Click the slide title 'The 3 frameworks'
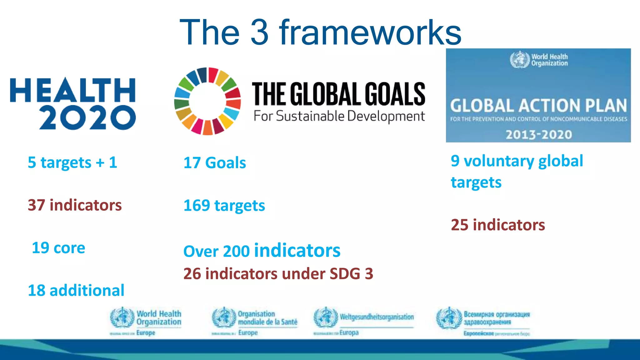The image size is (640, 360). (320, 32)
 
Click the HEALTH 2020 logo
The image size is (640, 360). (73, 103)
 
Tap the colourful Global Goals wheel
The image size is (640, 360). (207, 101)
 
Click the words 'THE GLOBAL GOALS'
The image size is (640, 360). (338, 94)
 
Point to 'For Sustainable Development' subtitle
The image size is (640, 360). (339, 116)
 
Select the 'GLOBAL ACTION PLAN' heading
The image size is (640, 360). (538, 106)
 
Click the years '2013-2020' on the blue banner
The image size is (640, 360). (539, 135)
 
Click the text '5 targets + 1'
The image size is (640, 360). (72, 162)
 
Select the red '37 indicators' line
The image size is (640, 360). (75, 205)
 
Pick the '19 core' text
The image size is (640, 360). (58, 248)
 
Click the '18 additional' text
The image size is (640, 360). (76, 290)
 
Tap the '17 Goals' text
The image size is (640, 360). (215, 163)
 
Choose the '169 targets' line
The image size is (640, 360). (224, 206)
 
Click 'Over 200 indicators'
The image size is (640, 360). (262, 251)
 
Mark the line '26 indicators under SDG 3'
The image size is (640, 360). (278, 274)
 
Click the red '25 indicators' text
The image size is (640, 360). (498, 225)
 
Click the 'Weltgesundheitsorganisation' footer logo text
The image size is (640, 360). (377, 317)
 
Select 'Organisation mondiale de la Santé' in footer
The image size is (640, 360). (267, 318)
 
